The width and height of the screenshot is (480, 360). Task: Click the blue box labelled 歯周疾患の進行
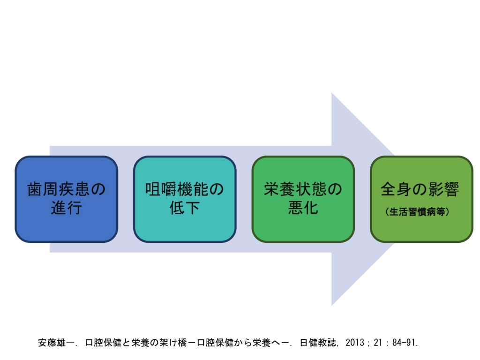point(67,199)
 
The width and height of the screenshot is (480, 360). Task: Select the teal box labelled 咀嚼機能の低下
point(185,199)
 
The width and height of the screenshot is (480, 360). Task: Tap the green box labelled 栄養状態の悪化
point(303,199)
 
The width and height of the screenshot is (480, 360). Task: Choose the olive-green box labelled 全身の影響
point(421,199)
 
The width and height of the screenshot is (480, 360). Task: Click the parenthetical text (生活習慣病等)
point(417,211)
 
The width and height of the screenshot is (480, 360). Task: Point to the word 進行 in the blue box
point(67,208)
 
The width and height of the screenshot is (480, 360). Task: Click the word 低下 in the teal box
point(185,208)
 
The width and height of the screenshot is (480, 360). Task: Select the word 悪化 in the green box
point(303,208)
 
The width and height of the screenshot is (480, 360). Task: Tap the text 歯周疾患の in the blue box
point(67,189)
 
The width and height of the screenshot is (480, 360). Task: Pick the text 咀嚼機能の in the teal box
point(185,189)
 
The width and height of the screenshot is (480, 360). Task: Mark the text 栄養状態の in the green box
point(303,189)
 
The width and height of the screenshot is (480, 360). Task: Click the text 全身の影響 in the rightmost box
point(420,189)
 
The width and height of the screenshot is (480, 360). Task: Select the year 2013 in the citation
point(355,342)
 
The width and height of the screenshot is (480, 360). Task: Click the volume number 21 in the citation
point(378,342)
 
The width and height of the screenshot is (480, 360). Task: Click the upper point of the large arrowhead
point(332,93)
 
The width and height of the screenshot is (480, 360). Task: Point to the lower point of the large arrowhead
point(332,305)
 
